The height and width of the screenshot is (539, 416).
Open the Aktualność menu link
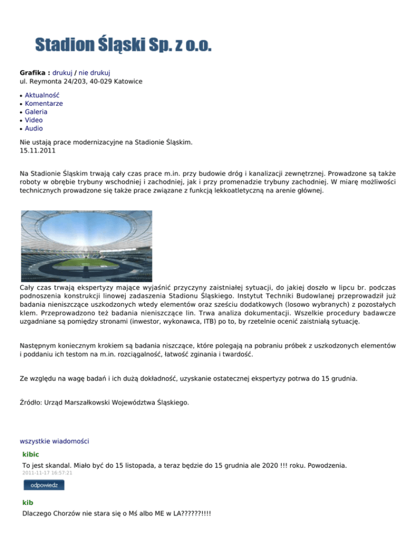pos(42,95)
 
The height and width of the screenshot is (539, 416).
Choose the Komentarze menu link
pos(44,103)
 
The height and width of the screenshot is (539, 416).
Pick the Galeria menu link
pos(36,112)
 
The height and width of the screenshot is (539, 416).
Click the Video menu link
pos(34,120)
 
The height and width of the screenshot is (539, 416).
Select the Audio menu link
pos(34,129)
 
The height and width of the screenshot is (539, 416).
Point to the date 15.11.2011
pos(37,151)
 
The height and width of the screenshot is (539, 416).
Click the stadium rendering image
pos(86,246)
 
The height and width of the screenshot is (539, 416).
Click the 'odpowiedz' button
pos(43,485)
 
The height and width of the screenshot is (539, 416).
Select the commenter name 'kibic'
pos(31,454)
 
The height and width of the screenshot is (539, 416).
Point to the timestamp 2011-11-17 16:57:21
pos(47,473)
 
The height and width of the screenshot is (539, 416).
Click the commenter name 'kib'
pos(28,502)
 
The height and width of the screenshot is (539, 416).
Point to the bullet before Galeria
pos(21,112)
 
